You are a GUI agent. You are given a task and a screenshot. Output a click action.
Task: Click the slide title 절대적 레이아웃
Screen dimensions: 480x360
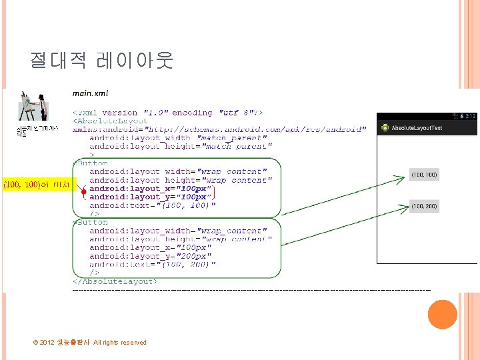tap(101, 61)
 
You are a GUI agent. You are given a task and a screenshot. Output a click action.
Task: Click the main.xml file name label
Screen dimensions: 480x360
tap(90, 93)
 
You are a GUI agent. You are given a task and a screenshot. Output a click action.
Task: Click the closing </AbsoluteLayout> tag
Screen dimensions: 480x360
tap(115, 282)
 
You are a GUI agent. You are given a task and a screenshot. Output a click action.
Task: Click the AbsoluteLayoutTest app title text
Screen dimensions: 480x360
tap(417, 127)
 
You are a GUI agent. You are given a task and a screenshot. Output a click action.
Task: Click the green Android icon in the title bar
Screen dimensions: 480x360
tap(384, 127)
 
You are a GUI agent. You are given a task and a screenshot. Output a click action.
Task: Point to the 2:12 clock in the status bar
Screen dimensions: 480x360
tap(471, 116)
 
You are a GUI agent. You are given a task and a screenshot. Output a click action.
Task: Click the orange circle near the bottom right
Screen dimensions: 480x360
tap(442, 314)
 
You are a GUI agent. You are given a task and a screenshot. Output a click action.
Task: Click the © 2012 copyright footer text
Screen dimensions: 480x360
tap(89, 343)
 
